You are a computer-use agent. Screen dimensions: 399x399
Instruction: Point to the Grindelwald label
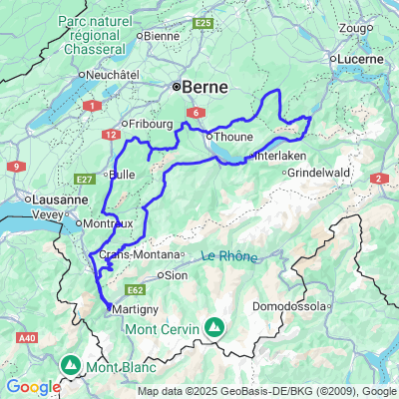318,173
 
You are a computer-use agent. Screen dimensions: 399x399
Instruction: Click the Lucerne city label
361,59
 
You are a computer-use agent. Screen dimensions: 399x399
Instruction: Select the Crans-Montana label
134,255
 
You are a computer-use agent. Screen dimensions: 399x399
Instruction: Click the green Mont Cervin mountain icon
213,326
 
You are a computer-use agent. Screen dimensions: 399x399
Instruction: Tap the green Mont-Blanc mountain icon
70,366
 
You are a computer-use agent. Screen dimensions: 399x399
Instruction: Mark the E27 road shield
84,180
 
